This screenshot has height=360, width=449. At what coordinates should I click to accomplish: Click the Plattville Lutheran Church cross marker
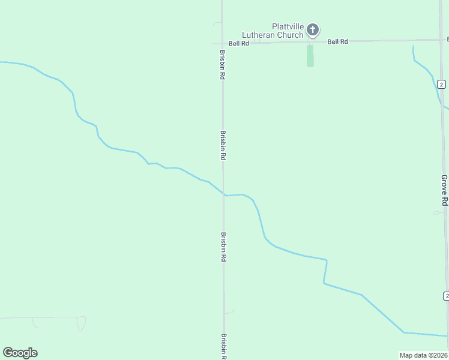point(312,29)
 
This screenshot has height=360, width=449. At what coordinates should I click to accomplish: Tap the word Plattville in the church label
point(287,26)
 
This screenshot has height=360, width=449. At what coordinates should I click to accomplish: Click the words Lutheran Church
point(273,35)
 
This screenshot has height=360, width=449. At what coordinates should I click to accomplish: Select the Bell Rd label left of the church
point(239,43)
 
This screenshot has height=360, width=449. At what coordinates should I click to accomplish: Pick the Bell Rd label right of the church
point(338,41)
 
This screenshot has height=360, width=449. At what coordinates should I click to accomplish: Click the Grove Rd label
point(444,190)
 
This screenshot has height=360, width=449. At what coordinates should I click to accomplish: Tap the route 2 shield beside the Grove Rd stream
point(441,84)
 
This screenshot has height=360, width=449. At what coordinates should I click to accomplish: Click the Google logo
point(20,353)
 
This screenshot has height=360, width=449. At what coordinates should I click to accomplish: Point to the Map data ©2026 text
point(424,355)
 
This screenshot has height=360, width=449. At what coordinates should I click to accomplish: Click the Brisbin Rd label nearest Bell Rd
point(222,65)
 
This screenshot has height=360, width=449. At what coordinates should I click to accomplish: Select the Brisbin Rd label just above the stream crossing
point(223,145)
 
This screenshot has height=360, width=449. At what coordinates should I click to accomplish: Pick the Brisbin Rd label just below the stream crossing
point(223,247)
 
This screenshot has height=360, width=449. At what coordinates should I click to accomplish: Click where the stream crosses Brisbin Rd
point(224,194)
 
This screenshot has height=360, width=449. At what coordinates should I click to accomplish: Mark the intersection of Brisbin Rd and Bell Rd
point(222,43)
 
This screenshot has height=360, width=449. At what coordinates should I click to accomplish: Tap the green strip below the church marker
point(310,55)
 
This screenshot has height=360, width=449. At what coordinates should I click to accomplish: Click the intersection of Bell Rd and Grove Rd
point(440,40)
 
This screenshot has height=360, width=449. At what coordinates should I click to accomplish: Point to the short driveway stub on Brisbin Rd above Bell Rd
point(217,23)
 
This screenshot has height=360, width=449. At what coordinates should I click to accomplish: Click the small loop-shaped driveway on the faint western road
point(80,324)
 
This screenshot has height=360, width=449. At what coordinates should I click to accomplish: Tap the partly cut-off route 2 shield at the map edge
point(446,296)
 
